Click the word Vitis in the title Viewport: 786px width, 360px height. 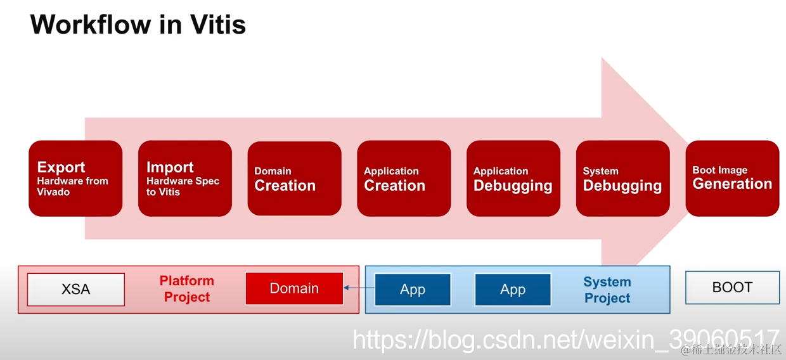(x=218, y=25)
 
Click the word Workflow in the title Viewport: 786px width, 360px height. (x=91, y=25)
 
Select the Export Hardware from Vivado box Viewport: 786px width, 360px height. (x=75, y=178)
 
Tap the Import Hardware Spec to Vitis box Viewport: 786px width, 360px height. (x=185, y=178)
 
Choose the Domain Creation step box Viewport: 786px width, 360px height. (x=294, y=178)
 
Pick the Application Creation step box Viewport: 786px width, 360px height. (x=404, y=178)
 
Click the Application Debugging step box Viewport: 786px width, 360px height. (x=513, y=178)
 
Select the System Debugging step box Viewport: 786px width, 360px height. (x=623, y=178)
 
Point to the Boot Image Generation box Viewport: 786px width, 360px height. (x=732, y=178)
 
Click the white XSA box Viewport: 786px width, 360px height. (x=76, y=290)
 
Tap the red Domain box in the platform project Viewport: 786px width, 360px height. (x=294, y=288)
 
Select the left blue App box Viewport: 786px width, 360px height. (x=413, y=290)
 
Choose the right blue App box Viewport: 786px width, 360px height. (x=513, y=290)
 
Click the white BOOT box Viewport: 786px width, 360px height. (x=732, y=287)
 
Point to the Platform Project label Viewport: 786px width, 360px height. (x=186, y=289)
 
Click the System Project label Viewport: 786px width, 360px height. (x=607, y=290)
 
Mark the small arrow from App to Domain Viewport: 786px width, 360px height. (x=359, y=288)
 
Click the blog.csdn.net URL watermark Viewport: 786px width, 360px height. (x=566, y=339)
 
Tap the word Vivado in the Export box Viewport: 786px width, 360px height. (x=53, y=192)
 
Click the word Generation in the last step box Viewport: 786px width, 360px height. (x=732, y=184)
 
